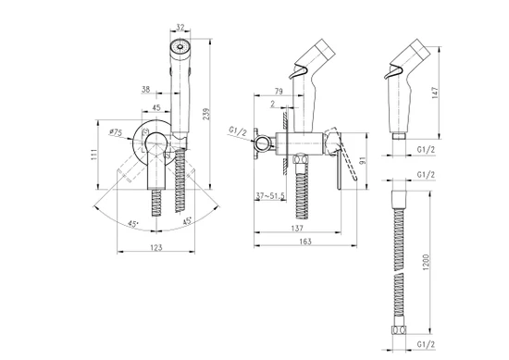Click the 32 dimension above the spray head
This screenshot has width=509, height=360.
pos(180,27)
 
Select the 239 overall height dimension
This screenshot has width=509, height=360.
pos(206,114)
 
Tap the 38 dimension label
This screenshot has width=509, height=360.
pos(146,89)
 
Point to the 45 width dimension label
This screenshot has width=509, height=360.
pos(156,107)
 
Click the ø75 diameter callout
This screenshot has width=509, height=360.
pos(116,132)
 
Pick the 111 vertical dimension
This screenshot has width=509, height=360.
pos(94,155)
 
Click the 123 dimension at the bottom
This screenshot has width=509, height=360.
pos(156,247)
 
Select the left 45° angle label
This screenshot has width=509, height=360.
pos(132,224)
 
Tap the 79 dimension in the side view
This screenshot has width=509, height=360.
pos(279,92)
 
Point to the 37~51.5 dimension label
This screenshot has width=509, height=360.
pos(270,196)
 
